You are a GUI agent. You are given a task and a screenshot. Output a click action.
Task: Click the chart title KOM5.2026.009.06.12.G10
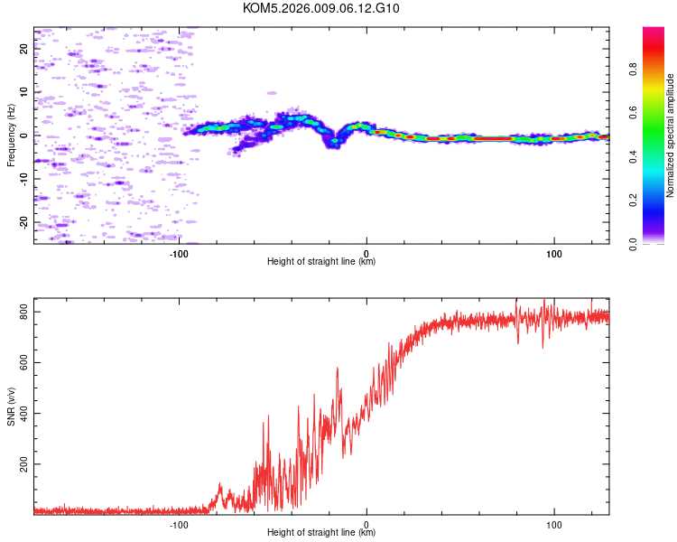(x=321, y=8)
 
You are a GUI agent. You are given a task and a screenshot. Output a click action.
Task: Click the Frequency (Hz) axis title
(x=11, y=135)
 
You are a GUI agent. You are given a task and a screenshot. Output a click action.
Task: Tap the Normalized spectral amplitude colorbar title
(x=670, y=135)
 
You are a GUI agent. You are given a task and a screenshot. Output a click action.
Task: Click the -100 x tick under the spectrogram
(x=179, y=252)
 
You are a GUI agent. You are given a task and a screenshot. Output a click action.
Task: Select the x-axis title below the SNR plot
(x=321, y=533)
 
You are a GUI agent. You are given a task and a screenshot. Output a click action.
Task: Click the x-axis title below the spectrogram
(x=321, y=261)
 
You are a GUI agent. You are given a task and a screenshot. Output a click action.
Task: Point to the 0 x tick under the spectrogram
(x=366, y=252)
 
